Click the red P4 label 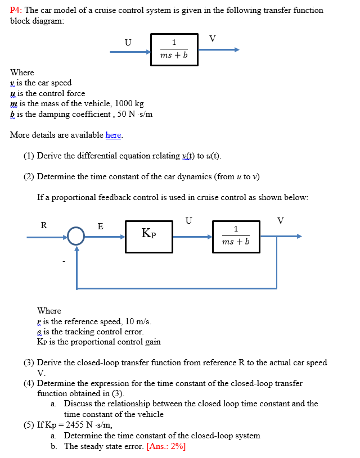tap(17, 10)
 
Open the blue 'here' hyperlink tap(113, 135)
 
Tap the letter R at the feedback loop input tap(44, 225)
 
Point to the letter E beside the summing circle tap(100, 226)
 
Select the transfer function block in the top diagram tap(174, 50)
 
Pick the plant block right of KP tap(236, 237)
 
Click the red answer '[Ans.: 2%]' tap(166, 446)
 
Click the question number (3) tap(29, 362)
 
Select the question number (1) tap(29, 156)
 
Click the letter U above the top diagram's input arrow tap(128, 42)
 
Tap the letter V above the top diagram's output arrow tap(211, 38)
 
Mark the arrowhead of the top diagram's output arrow tap(236, 49)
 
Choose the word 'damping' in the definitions tap(59, 114)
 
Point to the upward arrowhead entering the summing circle tap(76, 248)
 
